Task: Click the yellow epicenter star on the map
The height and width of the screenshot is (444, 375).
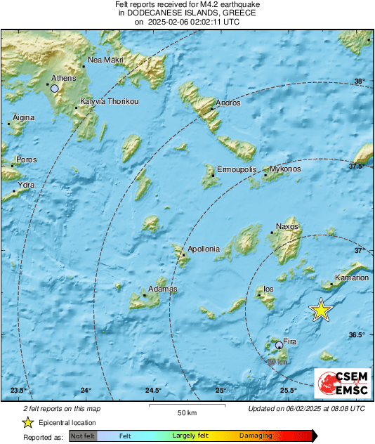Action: click(320, 310)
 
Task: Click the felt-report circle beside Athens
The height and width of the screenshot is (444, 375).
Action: click(54, 89)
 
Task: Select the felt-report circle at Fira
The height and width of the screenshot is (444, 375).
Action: click(279, 345)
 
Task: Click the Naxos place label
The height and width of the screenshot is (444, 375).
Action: click(287, 226)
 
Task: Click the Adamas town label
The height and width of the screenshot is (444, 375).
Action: click(163, 289)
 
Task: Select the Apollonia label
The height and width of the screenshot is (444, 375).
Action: click(204, 249)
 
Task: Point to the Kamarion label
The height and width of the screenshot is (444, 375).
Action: click(352, 277)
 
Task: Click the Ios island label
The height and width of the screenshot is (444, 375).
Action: click(268, 289)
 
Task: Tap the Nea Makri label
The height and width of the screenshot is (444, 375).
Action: click(106, 60)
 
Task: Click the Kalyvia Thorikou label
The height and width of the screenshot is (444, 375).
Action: click(110, 102)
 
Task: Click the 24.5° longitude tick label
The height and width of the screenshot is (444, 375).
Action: click(154, 391)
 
